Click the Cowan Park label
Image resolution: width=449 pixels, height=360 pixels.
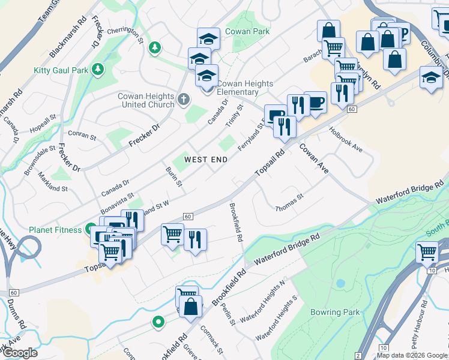click(247, 31)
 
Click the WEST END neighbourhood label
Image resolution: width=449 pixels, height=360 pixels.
click(206, 159)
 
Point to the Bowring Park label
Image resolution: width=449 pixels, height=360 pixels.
click(335, 312)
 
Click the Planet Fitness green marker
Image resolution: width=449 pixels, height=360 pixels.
click(90, 229)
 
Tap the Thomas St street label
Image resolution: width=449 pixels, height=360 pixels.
click(290, 202)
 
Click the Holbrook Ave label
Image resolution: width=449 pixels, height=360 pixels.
click(346, 139)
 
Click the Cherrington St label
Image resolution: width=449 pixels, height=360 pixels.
click(126, 38)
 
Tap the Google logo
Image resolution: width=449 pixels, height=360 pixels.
click(19, 353)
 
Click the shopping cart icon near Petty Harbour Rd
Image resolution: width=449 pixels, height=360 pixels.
click(427, 253)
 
